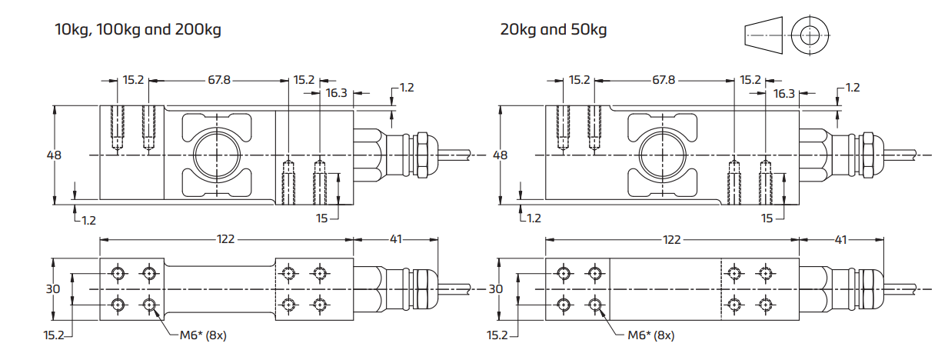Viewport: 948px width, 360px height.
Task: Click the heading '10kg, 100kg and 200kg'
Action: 138,31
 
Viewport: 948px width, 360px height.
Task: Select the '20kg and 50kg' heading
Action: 553,31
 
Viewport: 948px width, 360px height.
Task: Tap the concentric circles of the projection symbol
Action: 810,35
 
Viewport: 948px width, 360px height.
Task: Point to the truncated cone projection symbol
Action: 764,35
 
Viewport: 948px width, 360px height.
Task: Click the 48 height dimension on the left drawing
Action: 54,155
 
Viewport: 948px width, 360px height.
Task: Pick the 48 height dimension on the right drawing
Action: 500,155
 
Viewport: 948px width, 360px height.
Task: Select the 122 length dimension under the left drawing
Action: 225,239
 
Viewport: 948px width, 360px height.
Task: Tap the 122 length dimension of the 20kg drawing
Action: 671,239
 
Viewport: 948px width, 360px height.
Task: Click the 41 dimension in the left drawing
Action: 396,239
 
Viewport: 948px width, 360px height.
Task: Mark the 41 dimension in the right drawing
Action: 841,239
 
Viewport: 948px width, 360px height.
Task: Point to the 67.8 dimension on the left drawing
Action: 219,80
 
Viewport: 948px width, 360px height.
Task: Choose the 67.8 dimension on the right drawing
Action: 664,80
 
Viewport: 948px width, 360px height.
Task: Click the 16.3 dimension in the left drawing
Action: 336,93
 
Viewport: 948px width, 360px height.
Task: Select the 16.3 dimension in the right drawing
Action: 783,93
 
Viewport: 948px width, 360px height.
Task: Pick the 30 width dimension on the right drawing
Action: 496,288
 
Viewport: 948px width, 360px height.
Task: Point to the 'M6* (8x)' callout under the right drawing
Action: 650,335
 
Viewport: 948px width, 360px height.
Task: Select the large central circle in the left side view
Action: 218,155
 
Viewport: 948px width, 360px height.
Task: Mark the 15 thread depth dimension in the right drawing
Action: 767,218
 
